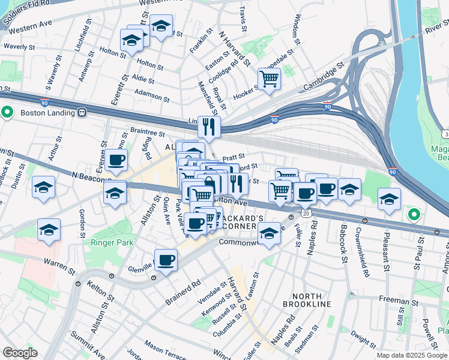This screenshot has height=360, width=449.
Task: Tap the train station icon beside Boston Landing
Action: click(x=82, y=112)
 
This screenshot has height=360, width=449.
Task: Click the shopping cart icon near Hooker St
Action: click(x=270, y=78)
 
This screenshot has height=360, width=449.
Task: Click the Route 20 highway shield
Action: click(x=307, y=214)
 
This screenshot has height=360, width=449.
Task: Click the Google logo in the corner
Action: click(x=20, y=352)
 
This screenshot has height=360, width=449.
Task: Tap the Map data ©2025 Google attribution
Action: click(x=412, y=355)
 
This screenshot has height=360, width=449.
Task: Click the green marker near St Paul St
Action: click(x=413, y=214)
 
